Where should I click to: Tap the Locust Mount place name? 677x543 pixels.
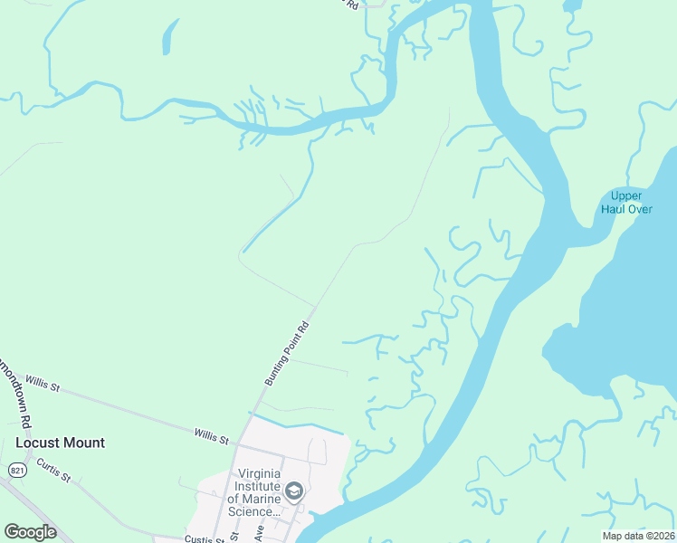tap(60, 443)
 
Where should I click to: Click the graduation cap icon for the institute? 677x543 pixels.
tap(293, 491)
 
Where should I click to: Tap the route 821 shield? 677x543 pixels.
tap(17, 470)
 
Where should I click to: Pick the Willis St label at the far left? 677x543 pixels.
tap(43, 386)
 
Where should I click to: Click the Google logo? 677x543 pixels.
tap(31, 532)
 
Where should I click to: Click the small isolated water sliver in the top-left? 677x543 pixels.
tap(167, 38)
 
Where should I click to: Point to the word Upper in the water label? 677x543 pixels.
tap(626, 195)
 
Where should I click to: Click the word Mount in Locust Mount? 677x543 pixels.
tap(84, 443)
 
